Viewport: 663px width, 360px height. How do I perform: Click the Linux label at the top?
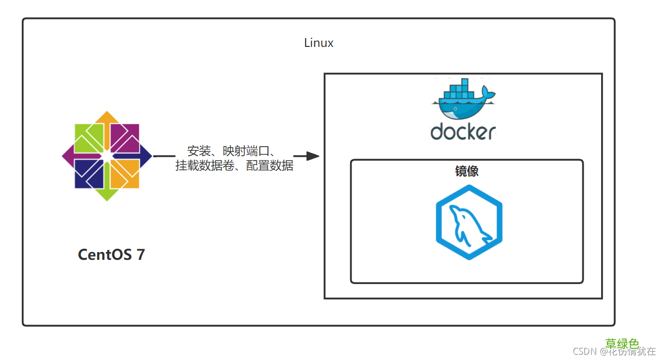319,43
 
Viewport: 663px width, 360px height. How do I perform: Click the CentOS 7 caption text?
111,255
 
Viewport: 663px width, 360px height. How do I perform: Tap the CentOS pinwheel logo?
107,156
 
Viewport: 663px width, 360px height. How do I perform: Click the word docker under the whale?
463,132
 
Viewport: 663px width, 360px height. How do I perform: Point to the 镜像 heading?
467,171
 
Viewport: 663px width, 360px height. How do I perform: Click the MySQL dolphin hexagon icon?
469,222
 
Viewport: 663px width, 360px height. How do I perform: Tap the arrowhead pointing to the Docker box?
312,156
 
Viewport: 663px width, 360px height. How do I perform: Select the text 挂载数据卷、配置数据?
234,166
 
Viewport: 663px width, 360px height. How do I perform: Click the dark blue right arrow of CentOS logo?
145,156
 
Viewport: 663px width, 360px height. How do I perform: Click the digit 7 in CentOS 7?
140,255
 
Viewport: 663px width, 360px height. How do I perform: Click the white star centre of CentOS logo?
107,156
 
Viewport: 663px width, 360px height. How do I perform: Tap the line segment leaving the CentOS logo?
164,156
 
